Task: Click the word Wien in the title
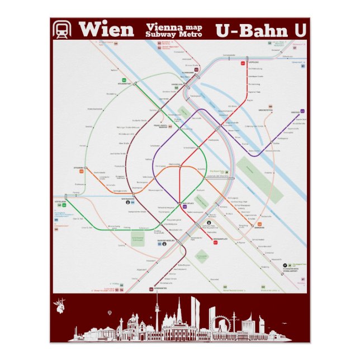point(106,29)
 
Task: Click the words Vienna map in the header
point(173,26)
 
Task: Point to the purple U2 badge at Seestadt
point(302,111)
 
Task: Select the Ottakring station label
point(78,167)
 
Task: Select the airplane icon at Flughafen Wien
point(286,263)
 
